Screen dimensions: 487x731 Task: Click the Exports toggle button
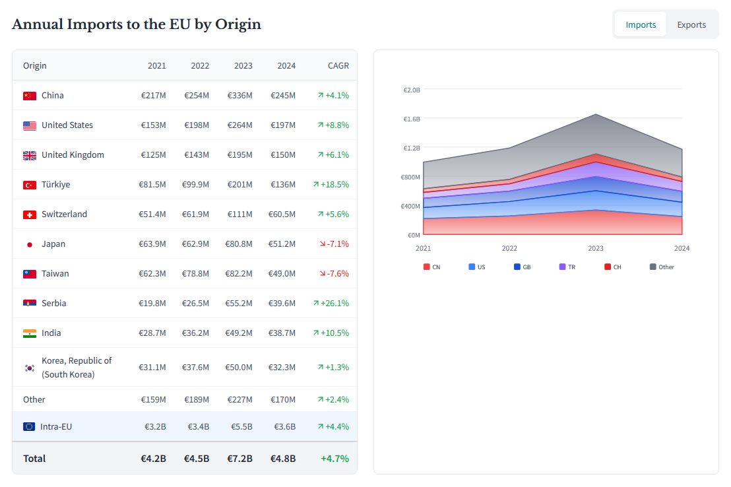pyautogui.click(x=691, y=24)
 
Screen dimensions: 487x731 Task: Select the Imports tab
pyautogui.click(x=641, y=24)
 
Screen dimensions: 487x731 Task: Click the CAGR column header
pyautogui.click(x=338, y=65)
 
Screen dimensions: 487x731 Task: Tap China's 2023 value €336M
pyautogui.click(x=239, y=95)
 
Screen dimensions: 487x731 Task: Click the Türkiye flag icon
pyautogui.click(x=30, y=185)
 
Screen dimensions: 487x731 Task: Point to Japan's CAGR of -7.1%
pyautogui.click(x=333, y=243)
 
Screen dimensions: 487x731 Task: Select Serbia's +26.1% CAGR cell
pyautogui.click(x=331, y=303)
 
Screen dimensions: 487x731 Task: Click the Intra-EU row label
pyautogui.click(x=55, y=426)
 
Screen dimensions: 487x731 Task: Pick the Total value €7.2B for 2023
pyautogui.click(x=239, y=458)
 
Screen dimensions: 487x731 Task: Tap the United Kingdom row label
pyautogui.click(x=73, y=154)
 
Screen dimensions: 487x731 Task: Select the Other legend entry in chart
pyautogui.click(x=662, y=267)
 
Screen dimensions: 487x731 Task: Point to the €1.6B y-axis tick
pyautogui.click(x=412, y=119)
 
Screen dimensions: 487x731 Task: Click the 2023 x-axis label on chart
pyautogui.click(x=596, y=248)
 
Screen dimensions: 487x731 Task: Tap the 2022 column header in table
pyautogui.click(x=200, y=65)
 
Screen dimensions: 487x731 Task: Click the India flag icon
pyautogui.click(x=30, y=333)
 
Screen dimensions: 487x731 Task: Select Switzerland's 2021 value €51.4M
pyautogui.click(x=152, y=214)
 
